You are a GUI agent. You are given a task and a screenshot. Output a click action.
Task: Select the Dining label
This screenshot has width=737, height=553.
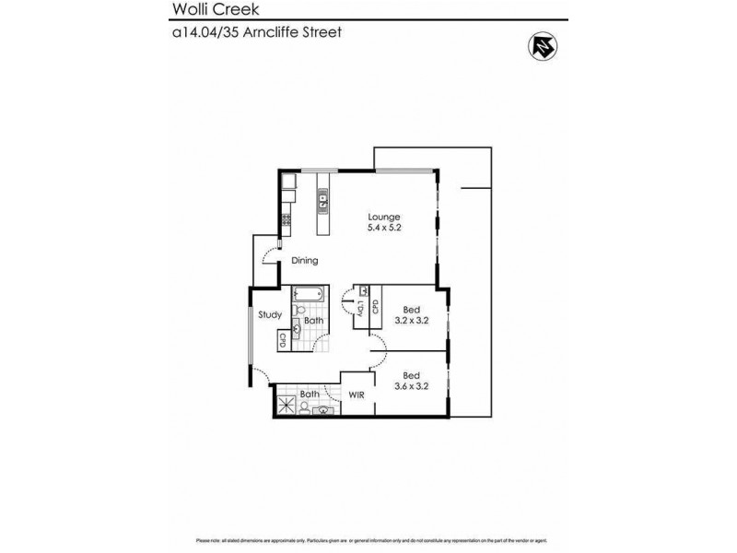(x=305, y=261)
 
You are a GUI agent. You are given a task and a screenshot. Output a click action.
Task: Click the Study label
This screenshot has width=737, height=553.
(x=269, y=314)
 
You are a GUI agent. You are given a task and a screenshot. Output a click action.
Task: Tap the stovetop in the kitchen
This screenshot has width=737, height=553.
(x=286, y=220)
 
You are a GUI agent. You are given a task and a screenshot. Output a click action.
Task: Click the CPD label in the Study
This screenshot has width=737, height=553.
(x=283, y=339)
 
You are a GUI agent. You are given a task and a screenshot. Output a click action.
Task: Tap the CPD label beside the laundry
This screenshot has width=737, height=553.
(x=376, y=308)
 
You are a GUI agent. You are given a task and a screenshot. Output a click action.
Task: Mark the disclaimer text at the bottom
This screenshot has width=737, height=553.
(x=368, y=540)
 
